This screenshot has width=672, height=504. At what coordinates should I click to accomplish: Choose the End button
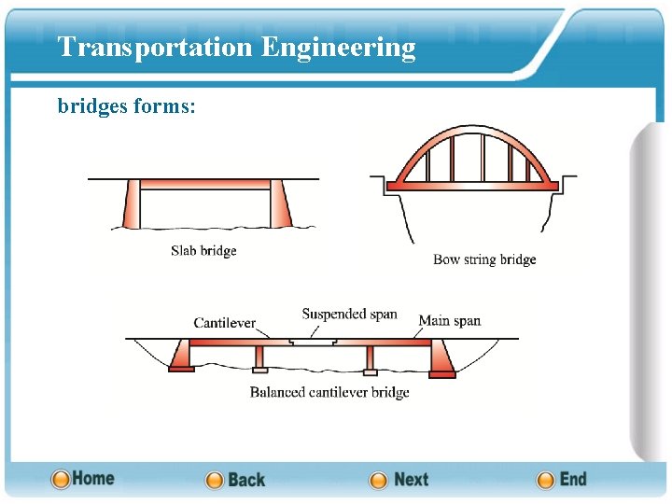tap(562, 480)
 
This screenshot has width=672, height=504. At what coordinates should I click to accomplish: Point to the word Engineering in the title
tap(339, 47)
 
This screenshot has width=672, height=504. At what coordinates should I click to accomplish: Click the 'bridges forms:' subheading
tap(126, 106)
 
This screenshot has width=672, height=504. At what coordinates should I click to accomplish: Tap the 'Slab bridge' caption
tap(203, 250)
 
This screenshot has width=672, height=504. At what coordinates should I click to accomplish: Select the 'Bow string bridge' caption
tap(484, 259)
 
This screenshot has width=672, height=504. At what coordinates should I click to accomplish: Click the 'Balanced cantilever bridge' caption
tap(329, 392)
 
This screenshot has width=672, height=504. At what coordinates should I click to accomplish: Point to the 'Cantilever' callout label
tap(224, 323)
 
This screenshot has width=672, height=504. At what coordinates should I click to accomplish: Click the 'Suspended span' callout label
tap(349, 314)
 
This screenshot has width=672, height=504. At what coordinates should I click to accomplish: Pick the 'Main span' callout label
tap(449, 321)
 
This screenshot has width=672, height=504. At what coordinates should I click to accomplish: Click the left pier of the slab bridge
tap(130, 204)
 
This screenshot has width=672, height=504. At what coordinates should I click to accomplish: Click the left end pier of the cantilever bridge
tap(180, 356)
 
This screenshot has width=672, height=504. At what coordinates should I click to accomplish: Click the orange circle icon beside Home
tap(61, 480)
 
